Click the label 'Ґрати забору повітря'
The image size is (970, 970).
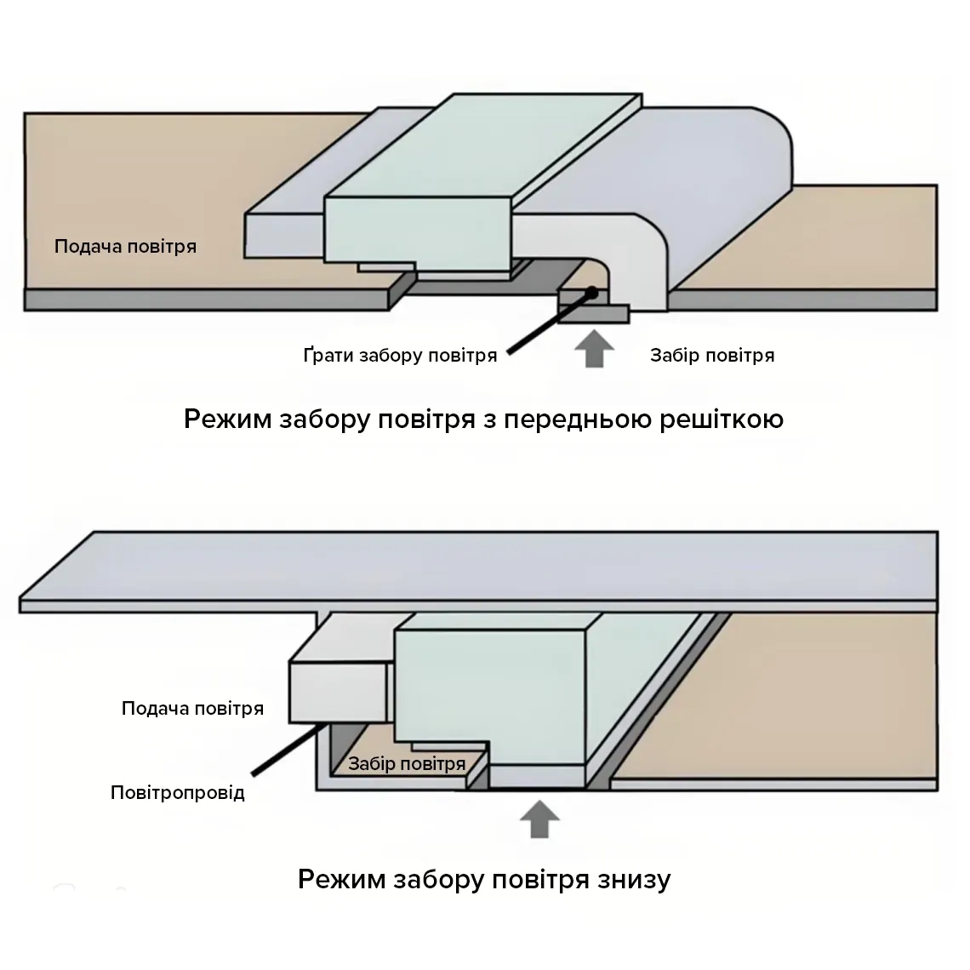click(x=400, y=356)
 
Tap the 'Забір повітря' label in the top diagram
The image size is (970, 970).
click(x=712, y=356)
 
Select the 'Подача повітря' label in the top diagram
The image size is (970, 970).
click(x=126, y=247)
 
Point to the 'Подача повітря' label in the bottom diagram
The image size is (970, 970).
click(x=192, y=708)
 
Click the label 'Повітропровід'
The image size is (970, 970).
click(x=178, y=792)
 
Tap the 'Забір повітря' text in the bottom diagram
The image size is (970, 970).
click(x=407, y=764)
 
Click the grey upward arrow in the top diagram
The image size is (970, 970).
click(x=594, y=348)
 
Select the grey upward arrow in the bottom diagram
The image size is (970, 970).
click(x=539, y=819)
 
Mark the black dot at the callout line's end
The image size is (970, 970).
click(x=592, y=292)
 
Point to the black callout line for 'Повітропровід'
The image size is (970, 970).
click(x=289, y=749)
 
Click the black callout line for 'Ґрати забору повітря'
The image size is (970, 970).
click(x=550, y=323)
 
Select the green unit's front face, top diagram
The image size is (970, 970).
click(x=418, y=230)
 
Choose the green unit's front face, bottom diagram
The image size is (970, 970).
click(x=490, y=697)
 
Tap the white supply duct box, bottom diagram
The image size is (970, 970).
click(x=339, y=693)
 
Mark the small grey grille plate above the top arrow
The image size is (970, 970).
click(x=593, y=314)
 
